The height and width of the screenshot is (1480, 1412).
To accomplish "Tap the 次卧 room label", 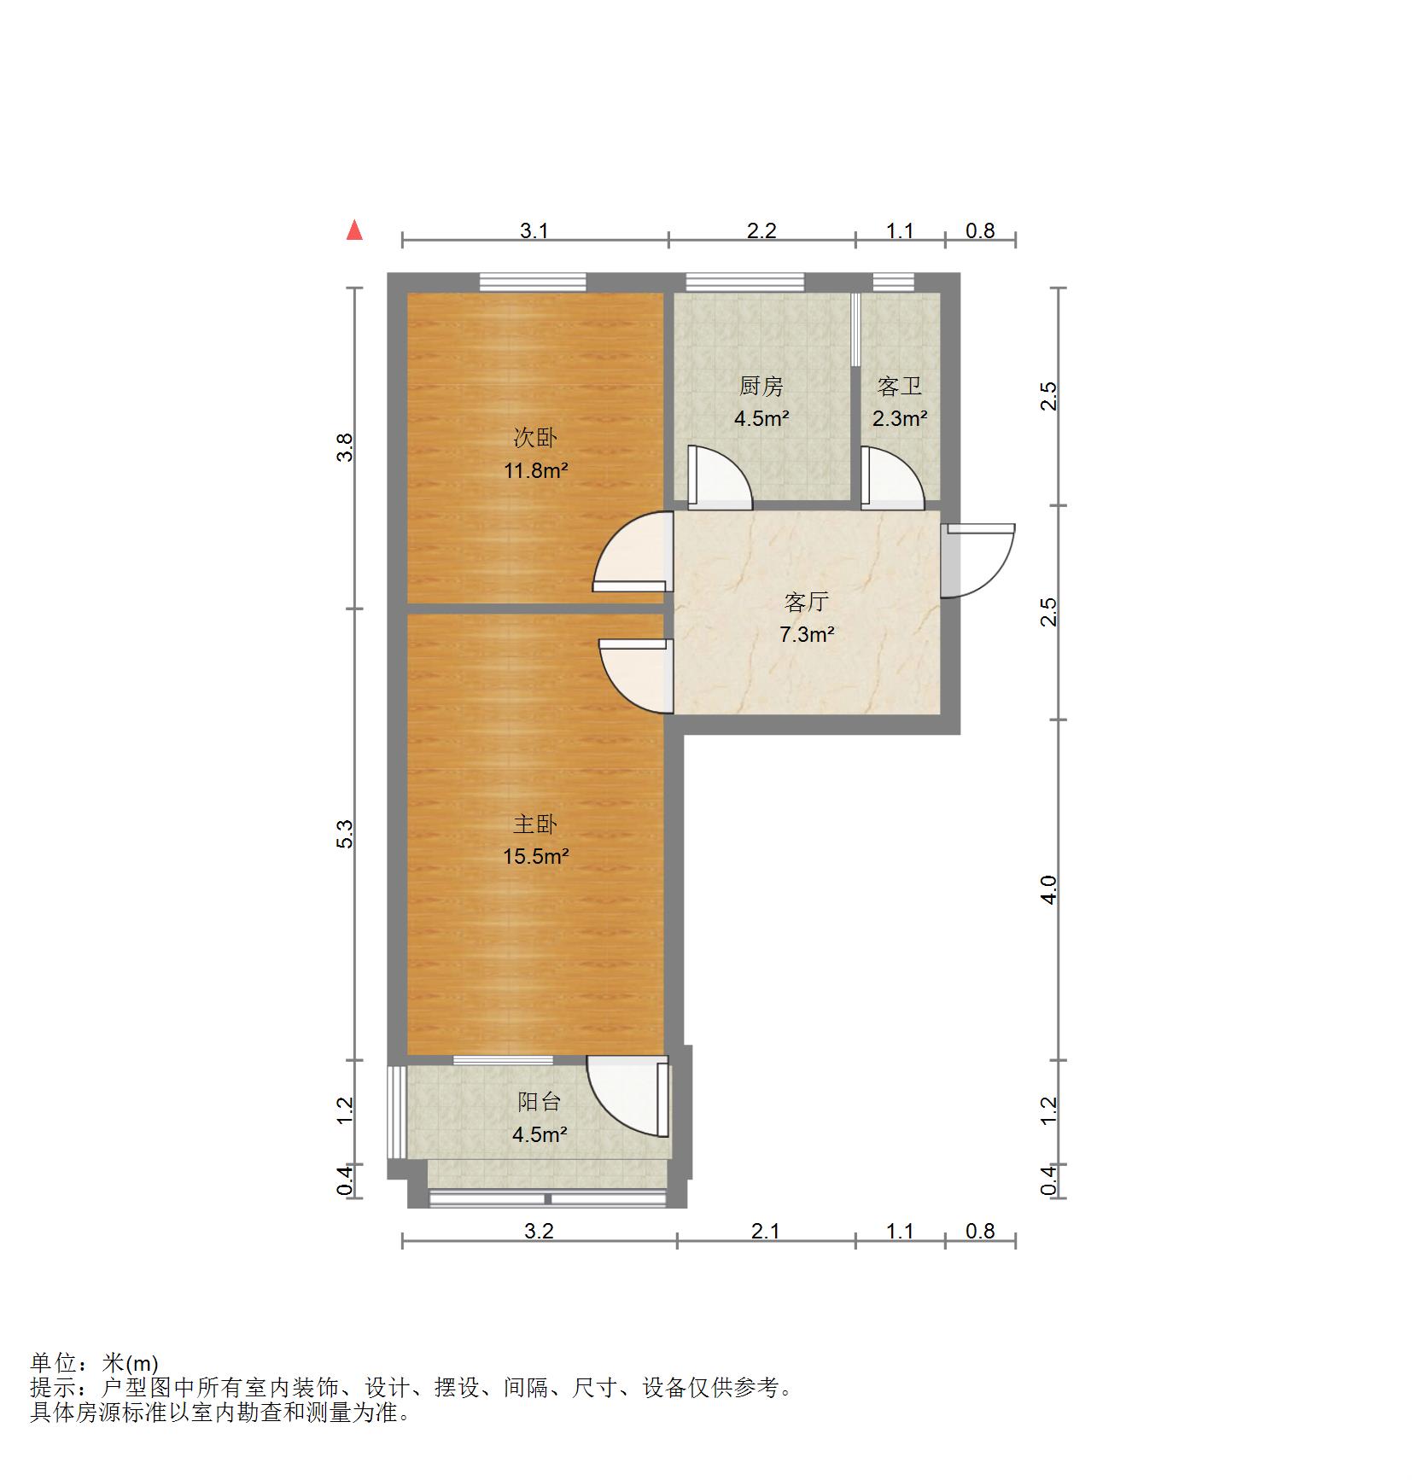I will point(534,438).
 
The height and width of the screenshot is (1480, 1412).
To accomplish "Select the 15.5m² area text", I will point(535,856).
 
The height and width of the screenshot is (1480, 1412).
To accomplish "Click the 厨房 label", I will point(761,387).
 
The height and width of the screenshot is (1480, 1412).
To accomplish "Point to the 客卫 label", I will point(899,387).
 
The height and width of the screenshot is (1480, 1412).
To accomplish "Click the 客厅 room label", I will point(806,603).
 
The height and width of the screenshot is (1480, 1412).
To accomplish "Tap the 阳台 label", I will point(539,1102).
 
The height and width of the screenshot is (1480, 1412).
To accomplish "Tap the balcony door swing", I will point(627,1098).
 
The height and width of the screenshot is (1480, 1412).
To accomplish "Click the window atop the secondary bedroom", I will point(533,282).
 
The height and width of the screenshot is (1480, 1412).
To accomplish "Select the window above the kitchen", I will point(745,282).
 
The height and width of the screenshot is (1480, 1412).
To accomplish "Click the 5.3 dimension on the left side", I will point(345,834).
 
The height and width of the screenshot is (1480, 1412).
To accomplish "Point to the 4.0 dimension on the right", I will point(1049,889).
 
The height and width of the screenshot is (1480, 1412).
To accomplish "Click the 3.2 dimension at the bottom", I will point(539,1231).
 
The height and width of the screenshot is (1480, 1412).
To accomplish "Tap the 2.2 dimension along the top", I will point(761,230).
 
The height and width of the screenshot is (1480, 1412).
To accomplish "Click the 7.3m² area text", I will point(806,635).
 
